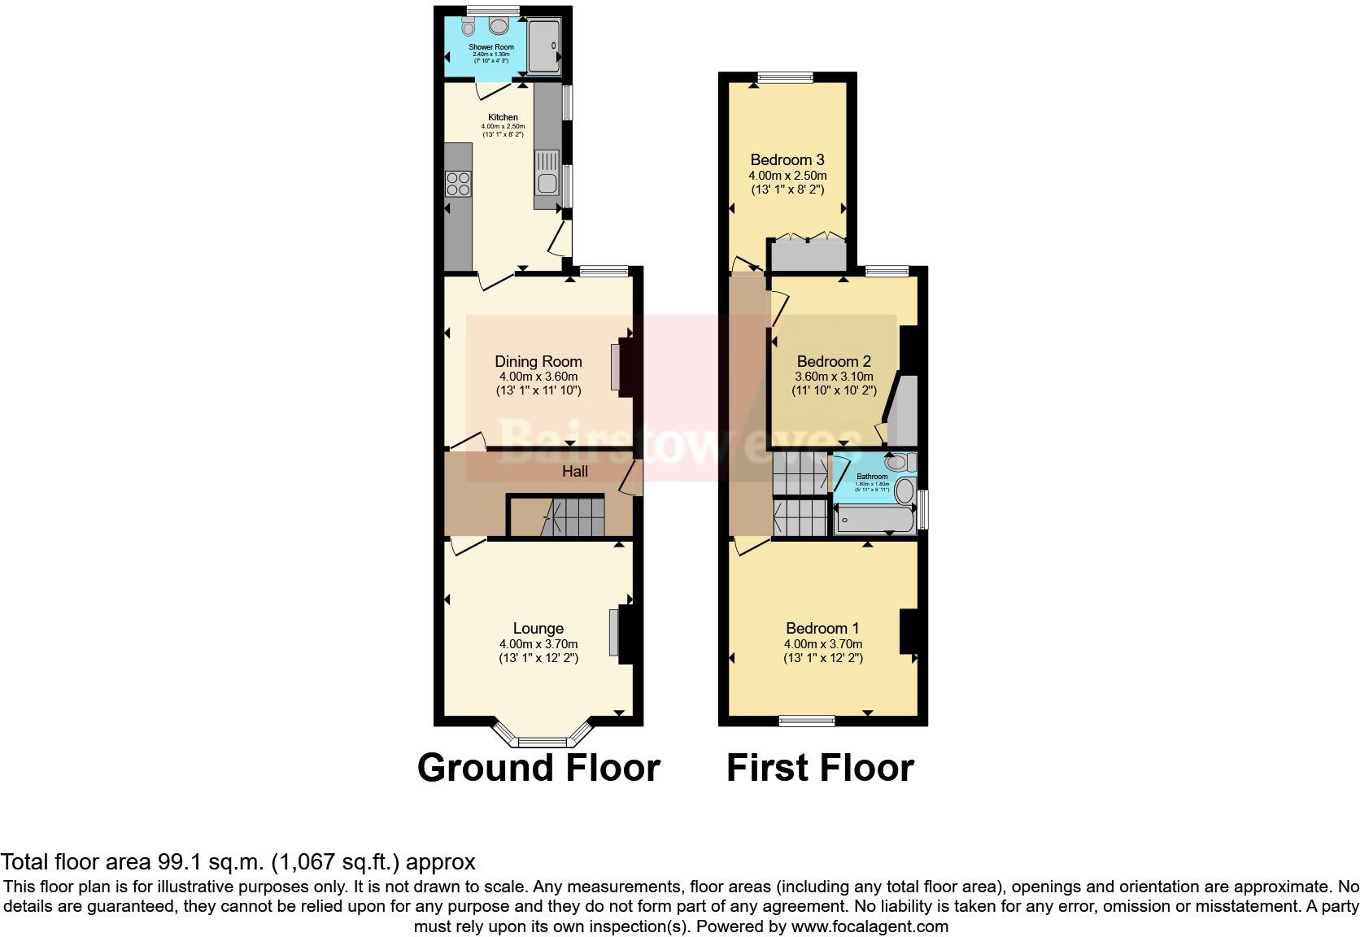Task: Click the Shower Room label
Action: click(490, 47)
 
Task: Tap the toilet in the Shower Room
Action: click(469, 28)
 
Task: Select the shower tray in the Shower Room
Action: click(544, 46)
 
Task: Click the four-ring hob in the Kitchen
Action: click(457, 184)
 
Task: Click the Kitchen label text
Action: click(503, 117)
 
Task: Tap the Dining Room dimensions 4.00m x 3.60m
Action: click(538, 377)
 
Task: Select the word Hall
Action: click(574, 471)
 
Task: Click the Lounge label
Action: click(538, 628)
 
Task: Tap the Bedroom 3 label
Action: click(787, 159)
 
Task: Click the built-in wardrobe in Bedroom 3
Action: click(809, 255)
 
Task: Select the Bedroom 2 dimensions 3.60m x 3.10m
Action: click(834, 377)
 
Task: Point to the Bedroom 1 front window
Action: click(806, 720)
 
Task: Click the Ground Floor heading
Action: click(538, 767)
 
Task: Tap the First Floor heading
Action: click(820, 767)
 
